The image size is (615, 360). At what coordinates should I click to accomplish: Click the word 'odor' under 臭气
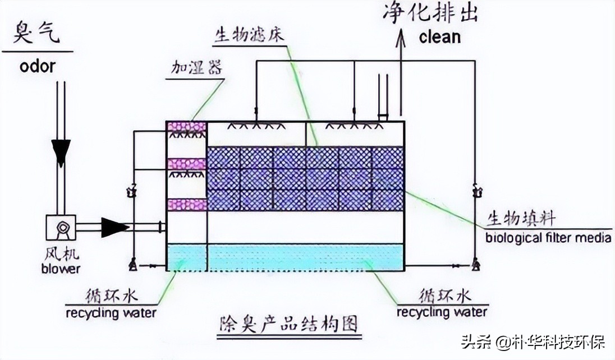[38, 66]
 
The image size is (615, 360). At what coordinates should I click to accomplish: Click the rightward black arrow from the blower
[114, 227]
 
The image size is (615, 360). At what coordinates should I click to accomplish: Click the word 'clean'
[439, 37]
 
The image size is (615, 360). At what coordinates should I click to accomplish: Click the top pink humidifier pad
[187, 127]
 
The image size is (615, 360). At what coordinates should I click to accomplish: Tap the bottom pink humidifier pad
[187, 204]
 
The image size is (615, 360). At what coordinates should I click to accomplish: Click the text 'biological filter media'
[548, 238]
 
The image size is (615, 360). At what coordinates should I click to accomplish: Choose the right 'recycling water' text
[442, 311]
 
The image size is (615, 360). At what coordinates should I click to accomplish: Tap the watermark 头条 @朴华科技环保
[533, 341]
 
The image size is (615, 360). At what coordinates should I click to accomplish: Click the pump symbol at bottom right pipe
[475, 263]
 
